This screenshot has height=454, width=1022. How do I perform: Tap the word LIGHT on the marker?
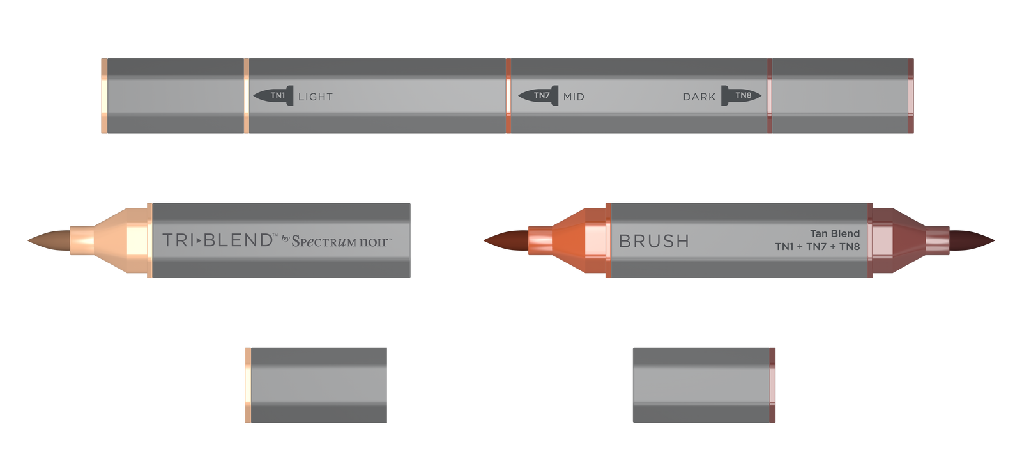(316, 97)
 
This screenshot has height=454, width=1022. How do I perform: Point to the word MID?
(574, 97)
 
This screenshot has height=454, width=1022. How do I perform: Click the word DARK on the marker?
(699, 97)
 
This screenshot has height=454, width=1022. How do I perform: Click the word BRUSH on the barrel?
(654, 241)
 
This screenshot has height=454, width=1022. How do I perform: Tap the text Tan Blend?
(835, 233)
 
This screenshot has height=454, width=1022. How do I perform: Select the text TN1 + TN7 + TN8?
(818, 247)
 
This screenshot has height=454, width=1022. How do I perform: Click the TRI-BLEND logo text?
(218, 240)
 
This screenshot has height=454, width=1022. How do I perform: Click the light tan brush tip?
(48, 240)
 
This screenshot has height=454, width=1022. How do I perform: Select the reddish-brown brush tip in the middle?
(505, 241)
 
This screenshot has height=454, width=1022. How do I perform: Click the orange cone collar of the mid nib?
(571, 240)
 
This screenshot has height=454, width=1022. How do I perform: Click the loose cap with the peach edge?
(316, 385)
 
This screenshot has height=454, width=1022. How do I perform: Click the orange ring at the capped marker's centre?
(508, 96)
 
